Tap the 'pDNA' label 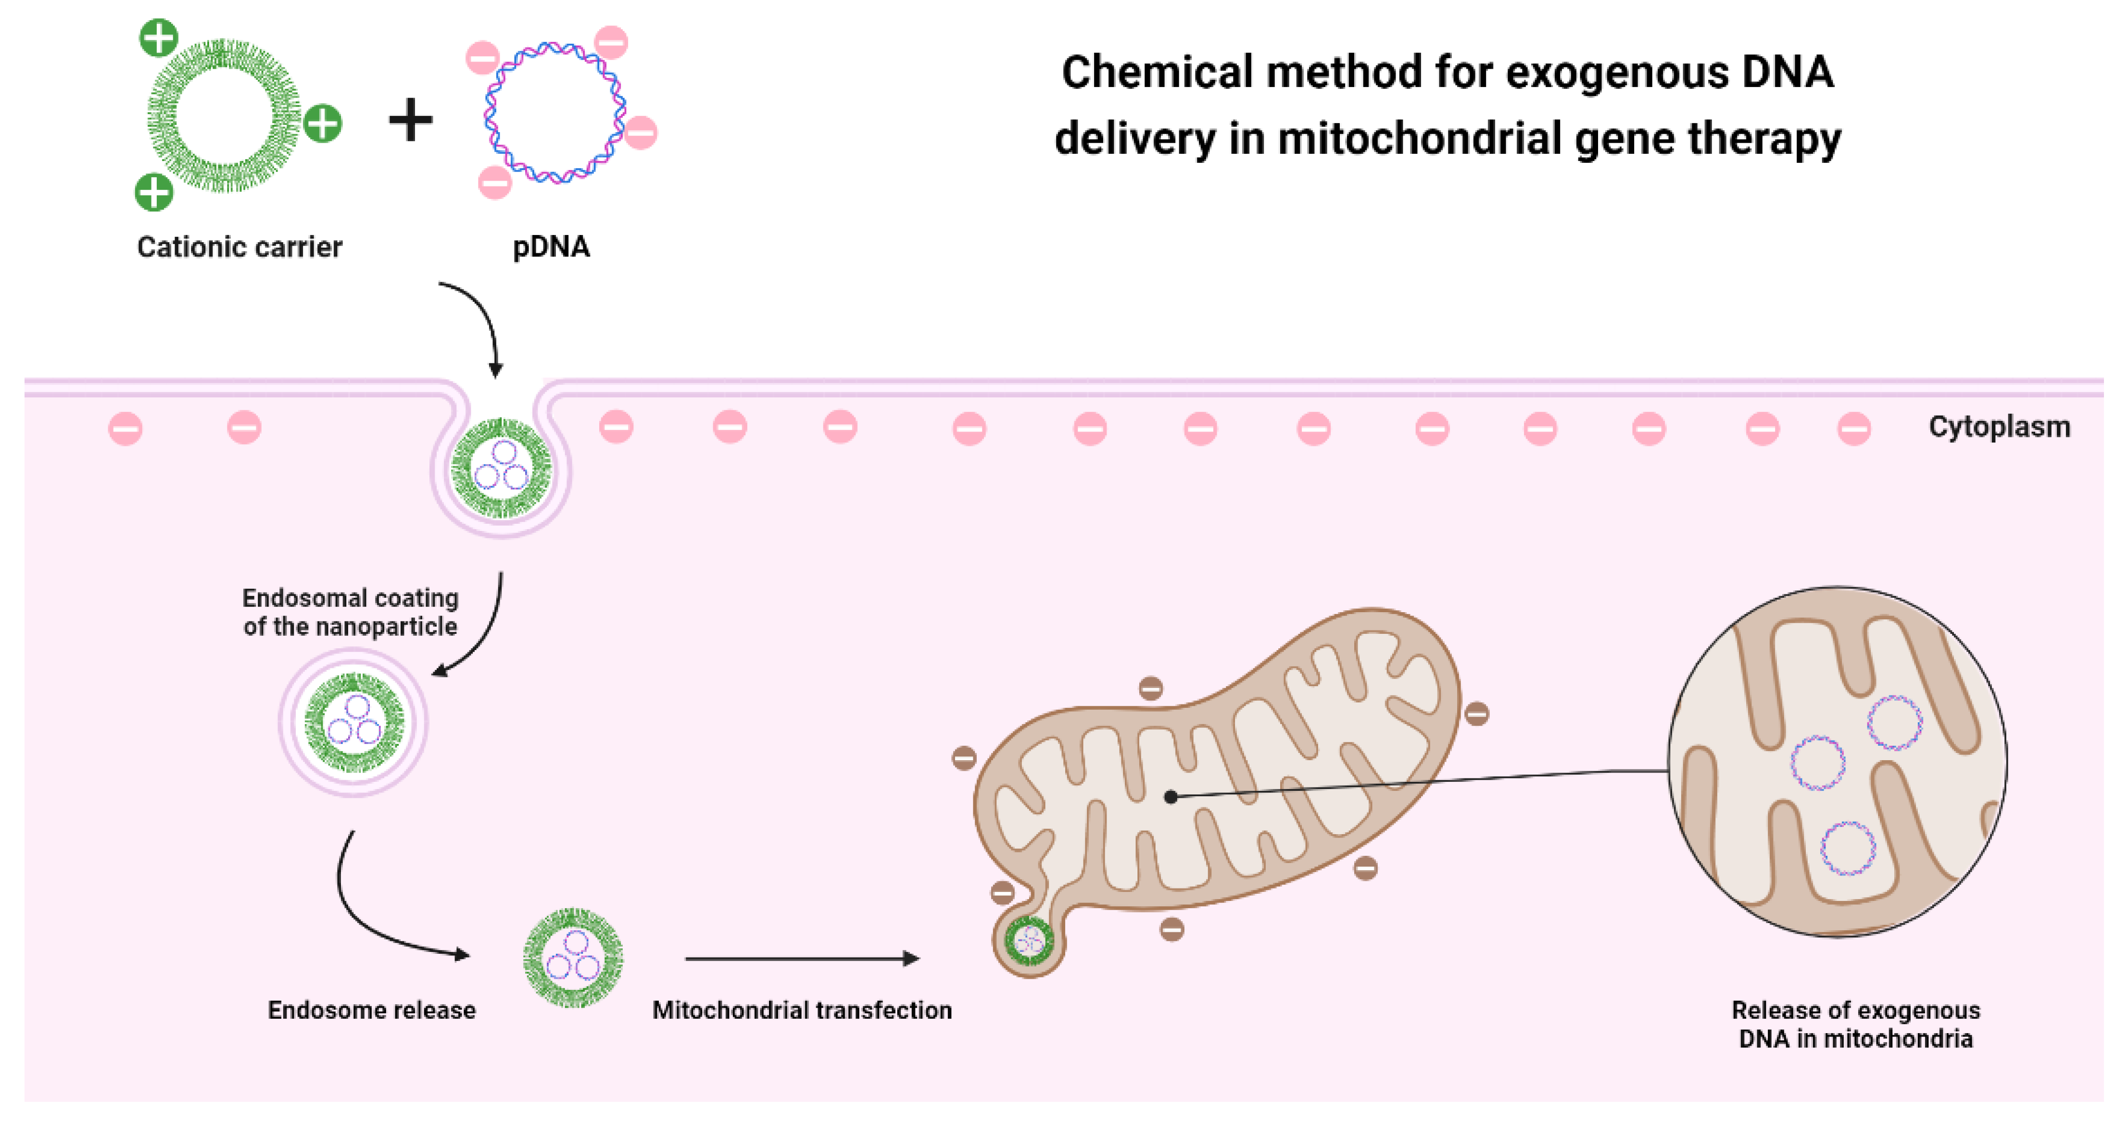pos(551,247)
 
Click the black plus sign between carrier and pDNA pos(411,121)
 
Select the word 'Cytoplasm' pos(1999,427)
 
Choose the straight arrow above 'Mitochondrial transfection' pos(801,959)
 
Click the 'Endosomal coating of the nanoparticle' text pos(350,612)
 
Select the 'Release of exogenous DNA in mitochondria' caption pos(1855,1024)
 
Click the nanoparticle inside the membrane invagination pos(501,468)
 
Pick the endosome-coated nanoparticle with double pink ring pos(353,722)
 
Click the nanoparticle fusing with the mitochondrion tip pos(1029,940)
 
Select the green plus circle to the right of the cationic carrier pos(322,124)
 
